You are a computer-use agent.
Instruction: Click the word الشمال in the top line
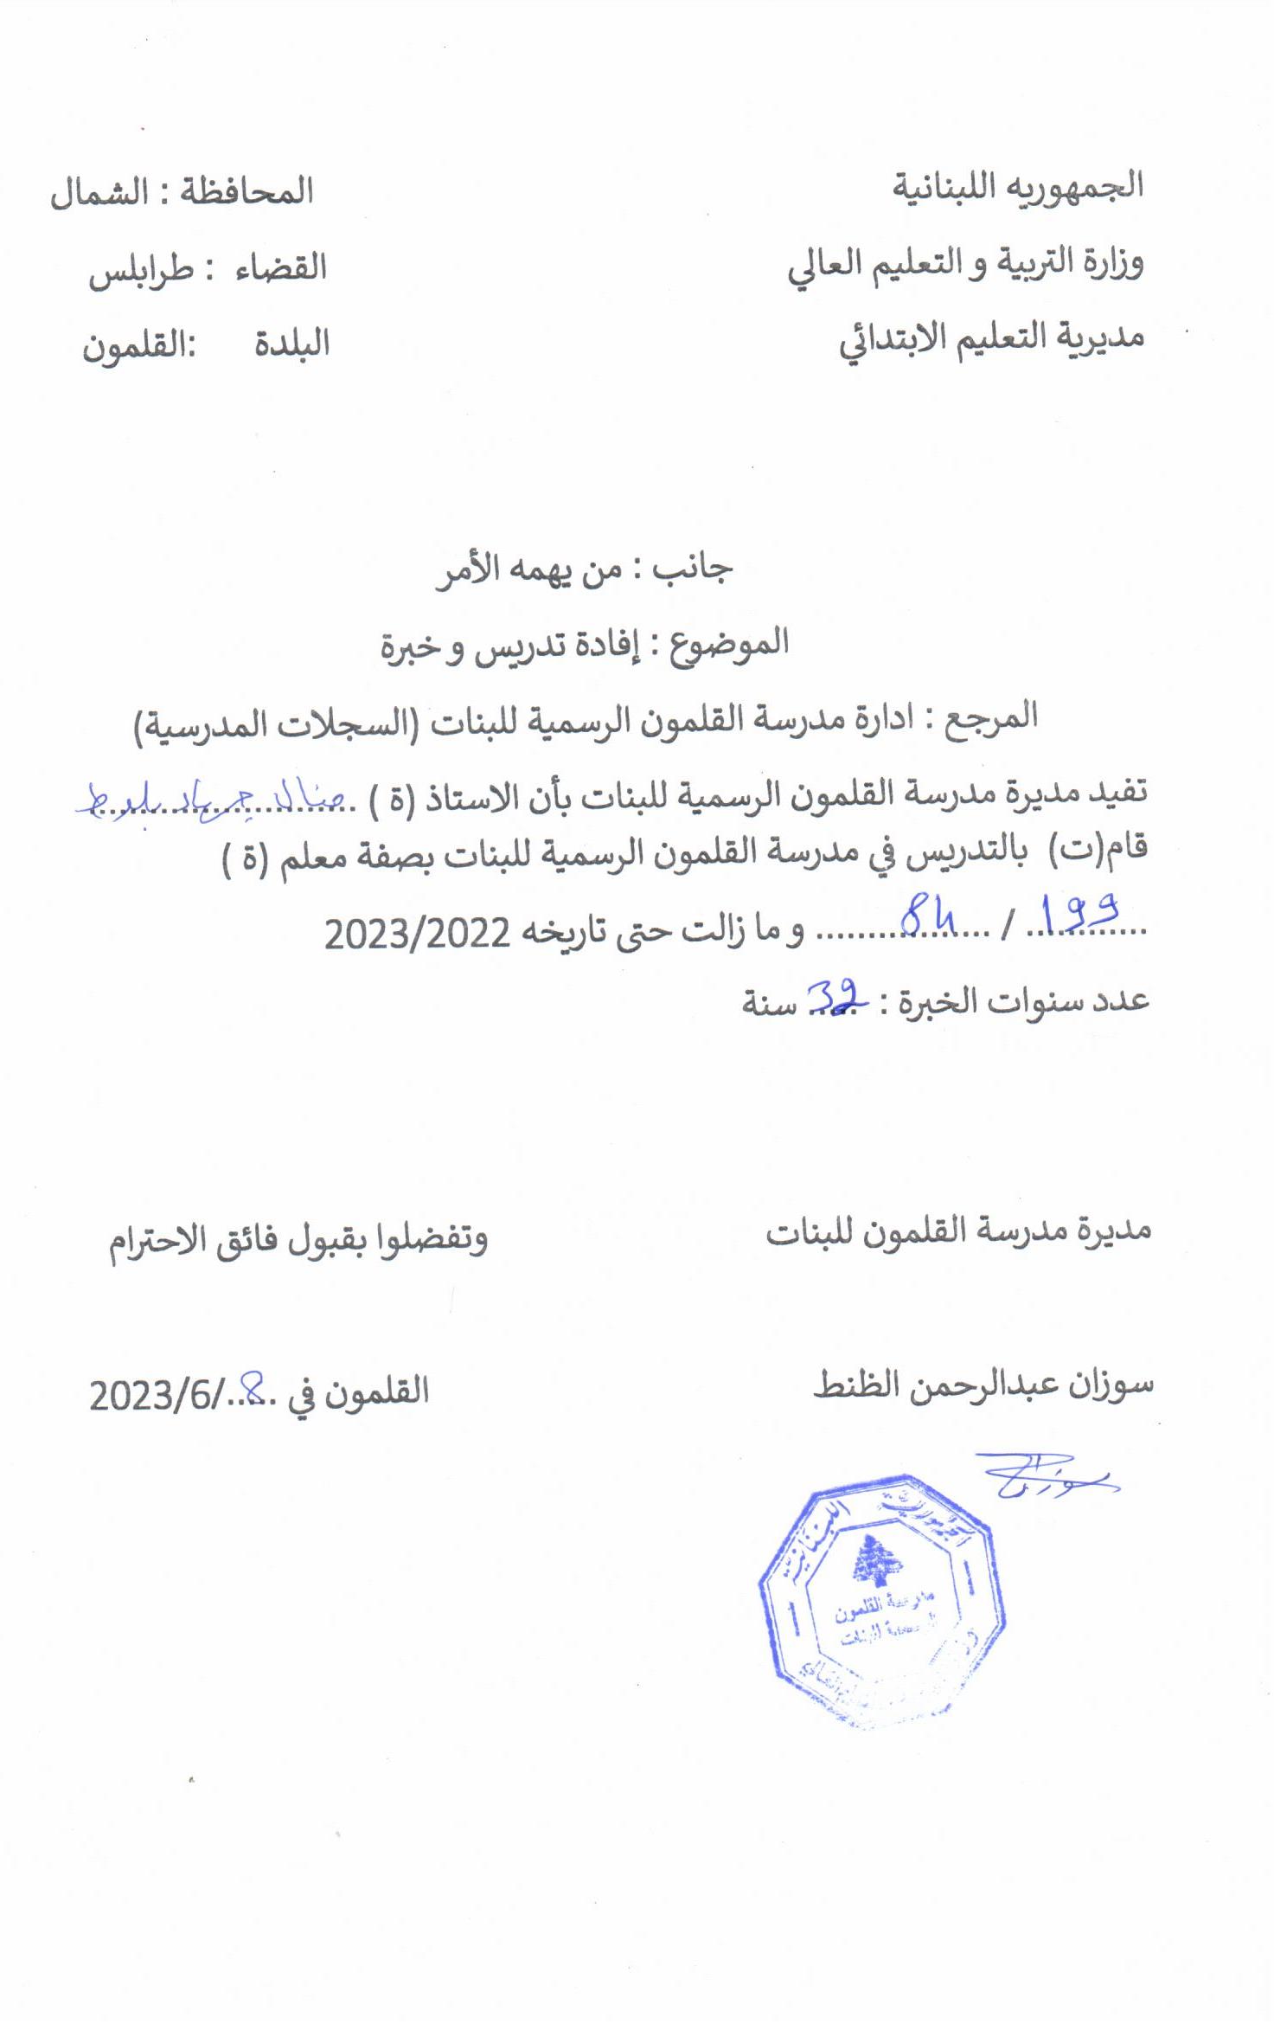coord(99,193)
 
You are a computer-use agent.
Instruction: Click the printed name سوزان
coord(1111,1385)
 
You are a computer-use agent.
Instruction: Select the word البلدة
coord(291,344)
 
